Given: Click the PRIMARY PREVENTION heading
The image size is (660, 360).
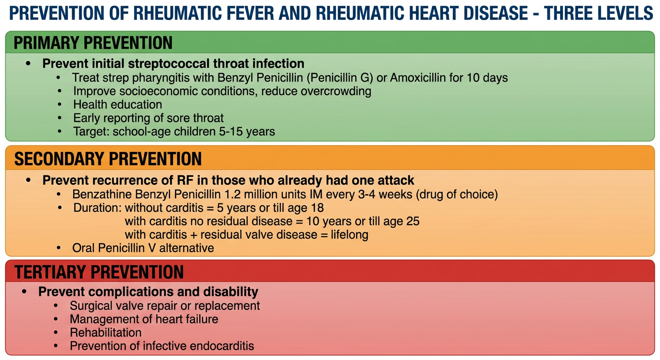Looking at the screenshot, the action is tap(93, 43).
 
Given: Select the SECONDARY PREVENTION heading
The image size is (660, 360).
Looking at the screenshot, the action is tap(108, 159).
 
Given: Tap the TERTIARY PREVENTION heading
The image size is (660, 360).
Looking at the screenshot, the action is tap(99, 271).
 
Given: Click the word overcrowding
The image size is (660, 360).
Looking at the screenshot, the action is tap(336, 91).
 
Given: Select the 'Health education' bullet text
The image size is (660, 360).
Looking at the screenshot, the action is tap(118, 105).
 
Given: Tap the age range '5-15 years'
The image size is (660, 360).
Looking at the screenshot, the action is tap(247, 132).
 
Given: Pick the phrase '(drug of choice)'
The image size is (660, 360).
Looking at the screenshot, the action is tap(457, 195).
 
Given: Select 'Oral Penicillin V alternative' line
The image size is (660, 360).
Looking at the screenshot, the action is tap(143, 248).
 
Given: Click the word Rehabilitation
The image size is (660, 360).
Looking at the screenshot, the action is tap(105, 333).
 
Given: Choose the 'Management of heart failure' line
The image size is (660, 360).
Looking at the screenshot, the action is tap(144, 319).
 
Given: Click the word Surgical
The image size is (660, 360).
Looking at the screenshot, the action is tap(91, 306).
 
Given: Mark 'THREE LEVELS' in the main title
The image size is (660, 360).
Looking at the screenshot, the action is tap(599, 13).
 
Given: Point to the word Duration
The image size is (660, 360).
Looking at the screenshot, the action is tap(97, 208).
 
